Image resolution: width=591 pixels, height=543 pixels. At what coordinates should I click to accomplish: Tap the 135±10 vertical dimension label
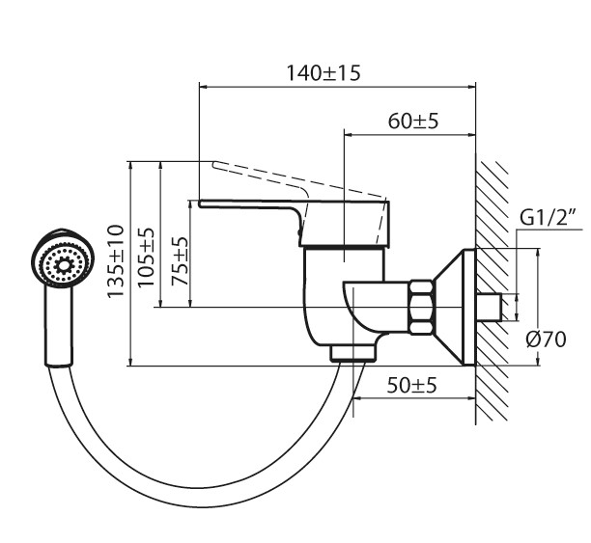point(117,262)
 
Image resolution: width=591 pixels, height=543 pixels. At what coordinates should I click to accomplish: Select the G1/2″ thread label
point(548,218)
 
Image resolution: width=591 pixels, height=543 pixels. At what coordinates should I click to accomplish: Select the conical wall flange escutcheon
point(453,306)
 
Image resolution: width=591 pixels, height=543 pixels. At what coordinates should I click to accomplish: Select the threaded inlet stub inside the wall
point(492,307)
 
